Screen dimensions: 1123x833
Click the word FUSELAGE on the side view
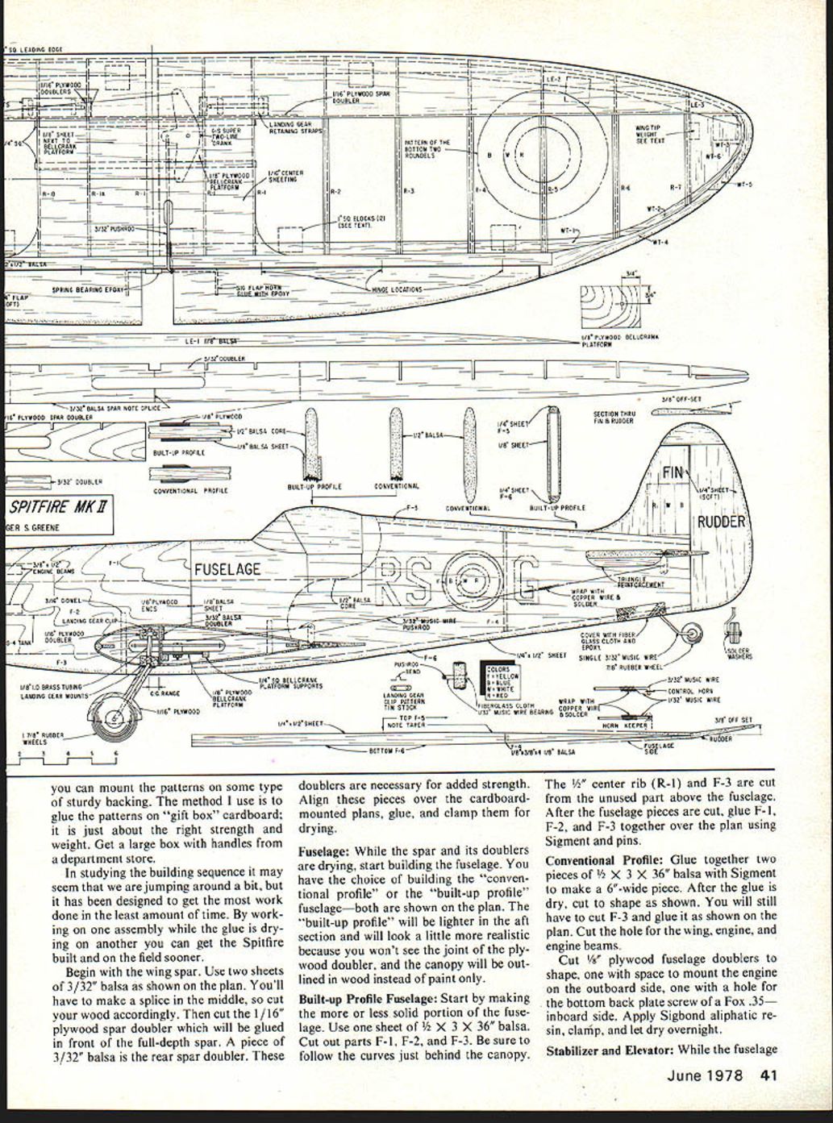coord(227,569)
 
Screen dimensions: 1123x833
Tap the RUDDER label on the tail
coord(722,522)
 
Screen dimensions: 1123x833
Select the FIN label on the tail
coord(673,472)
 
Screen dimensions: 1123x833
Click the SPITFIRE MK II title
coord(60,508)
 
